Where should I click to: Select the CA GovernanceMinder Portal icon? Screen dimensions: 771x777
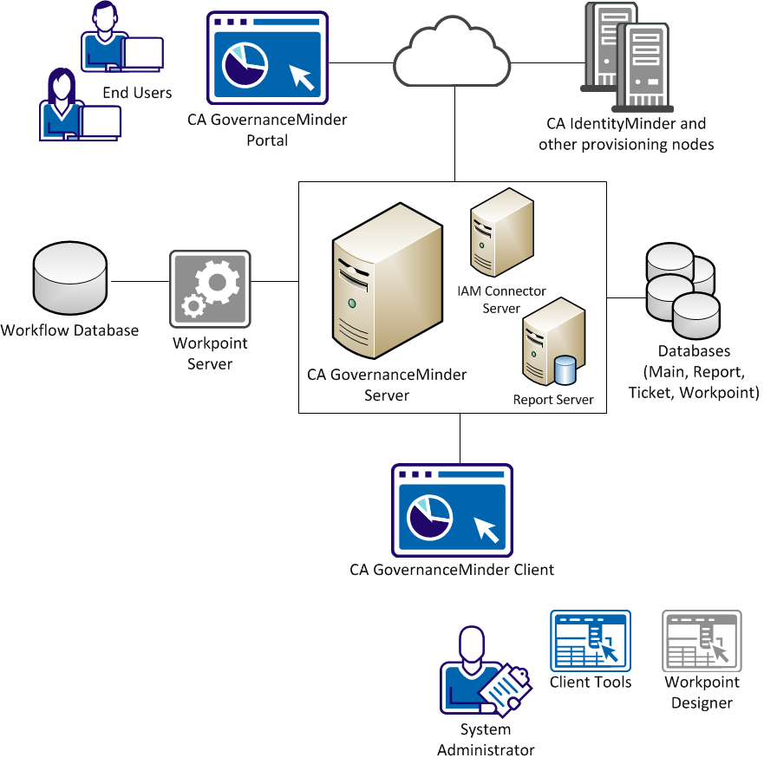tap(267, 58)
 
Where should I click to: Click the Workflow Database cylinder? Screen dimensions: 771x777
tap(69, 279)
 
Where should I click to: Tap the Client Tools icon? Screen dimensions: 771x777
tap(591, 641)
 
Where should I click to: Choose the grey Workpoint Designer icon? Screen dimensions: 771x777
tap(702, 641)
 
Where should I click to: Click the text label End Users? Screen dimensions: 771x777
tap(137, 93)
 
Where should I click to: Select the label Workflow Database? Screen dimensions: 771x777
tap(69, 330)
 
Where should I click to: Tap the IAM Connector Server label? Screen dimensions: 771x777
tap(502, 300)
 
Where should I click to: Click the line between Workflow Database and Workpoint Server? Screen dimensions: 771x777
tap(139, 282)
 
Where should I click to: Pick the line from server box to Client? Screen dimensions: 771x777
tap(460, 438)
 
